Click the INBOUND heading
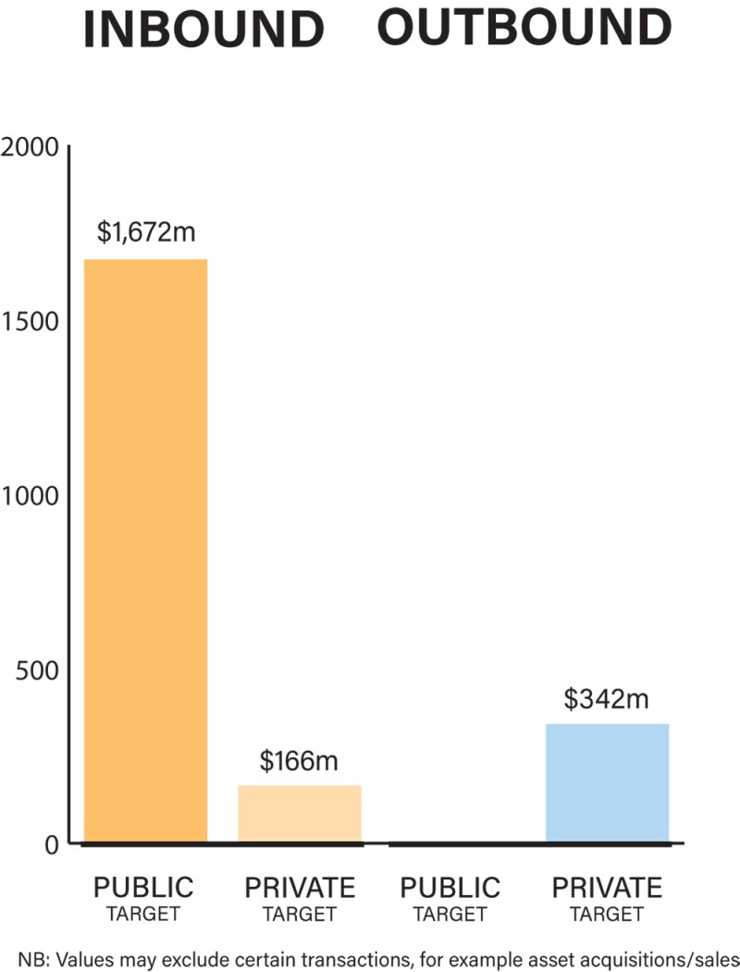pos(203,31)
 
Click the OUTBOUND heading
pos(524,29)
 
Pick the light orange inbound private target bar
pos(299,814)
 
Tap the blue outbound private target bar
pos(607,783)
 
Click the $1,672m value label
pos(145,232)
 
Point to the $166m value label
pos(299,762)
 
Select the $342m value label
pos(607,699)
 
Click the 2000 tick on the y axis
pos(31,148)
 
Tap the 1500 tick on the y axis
pos(31,321)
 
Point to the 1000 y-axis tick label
pos(31,495)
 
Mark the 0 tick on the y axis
pos(51,843)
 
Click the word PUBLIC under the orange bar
pos(144,888)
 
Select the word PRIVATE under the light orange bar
pos(299,888)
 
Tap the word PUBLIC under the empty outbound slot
pos(450,888)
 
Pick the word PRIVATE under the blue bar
pos(607,888)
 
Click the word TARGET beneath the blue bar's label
pos(607,915)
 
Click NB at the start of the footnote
pos(29,956)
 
